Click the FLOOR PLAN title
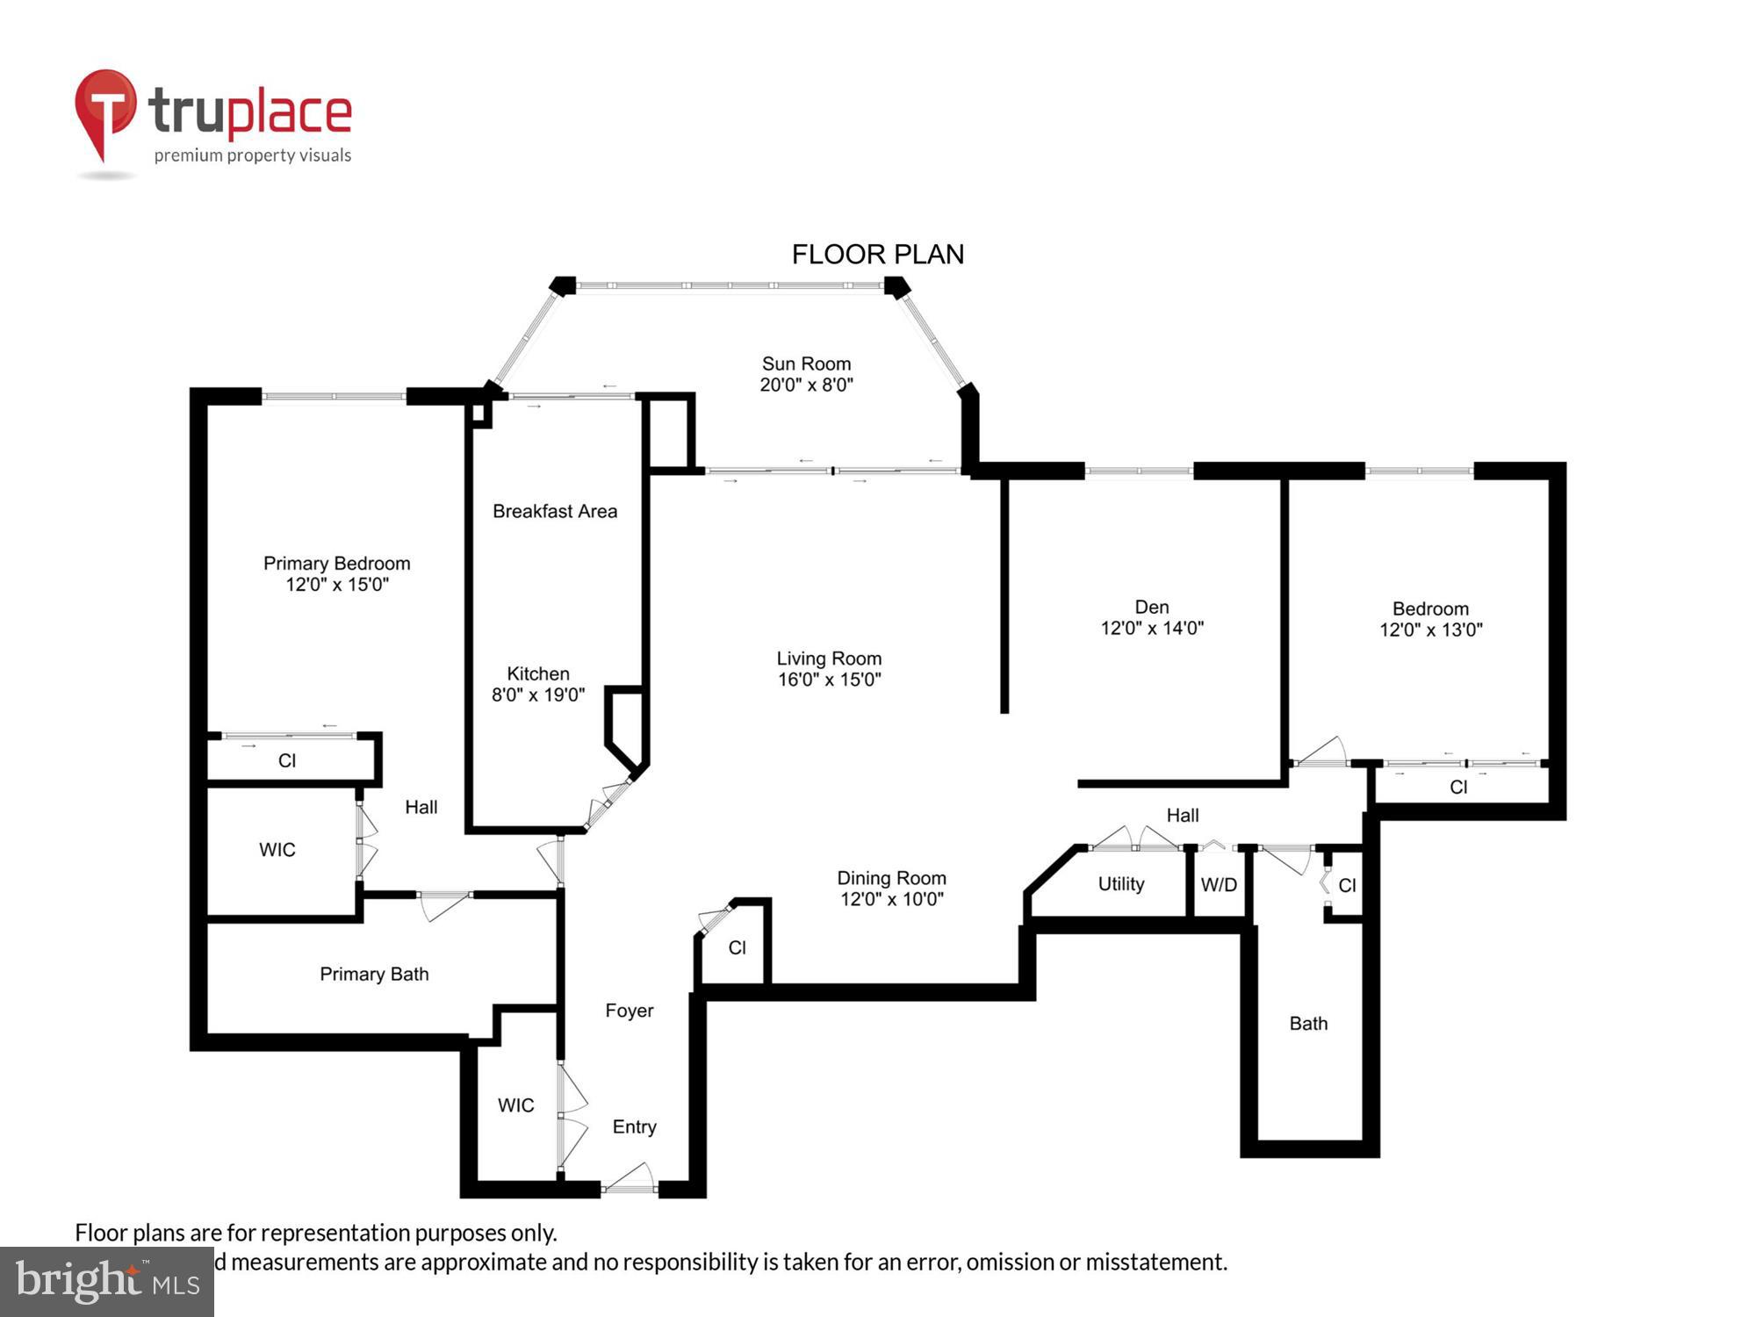click(877, 255)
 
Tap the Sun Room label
click(806, 363)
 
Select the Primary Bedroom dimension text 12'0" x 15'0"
click(337, 585)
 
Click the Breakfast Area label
click(554, 511)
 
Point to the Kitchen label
click(538, 673)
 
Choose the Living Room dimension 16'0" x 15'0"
click(829, 680)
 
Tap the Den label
click(1151, 607)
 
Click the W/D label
click(1219, 885)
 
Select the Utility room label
click(1121, 884)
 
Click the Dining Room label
click(891, 878)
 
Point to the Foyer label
click(629, 1011)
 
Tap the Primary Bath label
click(374, 974)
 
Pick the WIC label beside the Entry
click(515, 1105)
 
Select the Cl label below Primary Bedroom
click(287, 760)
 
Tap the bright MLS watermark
click(107, 1282)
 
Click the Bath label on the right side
click(1308, 1024)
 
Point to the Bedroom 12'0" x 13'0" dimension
click(1430, 630)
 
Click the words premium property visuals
click(253, 155)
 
